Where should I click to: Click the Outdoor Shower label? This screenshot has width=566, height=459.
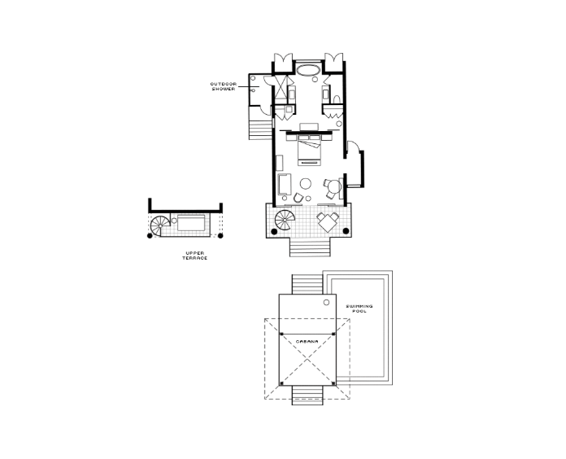pos(224,86)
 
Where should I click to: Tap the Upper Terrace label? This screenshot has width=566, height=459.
pos(195,256)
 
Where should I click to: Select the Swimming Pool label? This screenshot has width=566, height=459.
pos(359,308)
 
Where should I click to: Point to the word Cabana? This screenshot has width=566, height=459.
pos(307,341)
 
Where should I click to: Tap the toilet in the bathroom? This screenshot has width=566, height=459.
pos(337,99)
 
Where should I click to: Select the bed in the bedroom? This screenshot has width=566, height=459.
pos(309,151)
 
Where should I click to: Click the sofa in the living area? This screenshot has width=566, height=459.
pos(285,185)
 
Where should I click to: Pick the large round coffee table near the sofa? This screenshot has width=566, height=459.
pos(306,184)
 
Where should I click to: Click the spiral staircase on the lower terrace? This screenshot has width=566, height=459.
pos(285,220)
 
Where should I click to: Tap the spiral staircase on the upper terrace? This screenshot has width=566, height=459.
pos(160,226)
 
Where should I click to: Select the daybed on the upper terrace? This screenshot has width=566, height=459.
pos(191,223)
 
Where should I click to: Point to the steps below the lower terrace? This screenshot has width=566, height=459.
pos(310,247)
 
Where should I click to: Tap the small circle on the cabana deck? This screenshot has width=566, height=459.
pos(326,302)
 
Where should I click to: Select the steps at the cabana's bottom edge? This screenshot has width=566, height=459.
pos(307,395)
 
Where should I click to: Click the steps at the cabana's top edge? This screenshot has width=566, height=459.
pos(307,285)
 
